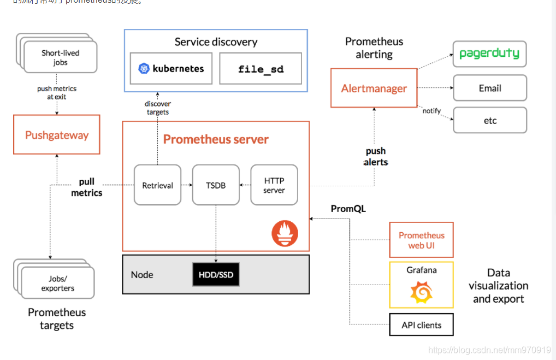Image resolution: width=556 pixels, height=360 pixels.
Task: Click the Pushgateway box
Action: pyautogui.click(x=57, y=134)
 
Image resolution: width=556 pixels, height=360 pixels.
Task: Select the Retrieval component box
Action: pyautogui.click(x=157, y=185)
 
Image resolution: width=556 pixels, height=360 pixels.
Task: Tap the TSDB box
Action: pyautogui.click(x=216, y=185)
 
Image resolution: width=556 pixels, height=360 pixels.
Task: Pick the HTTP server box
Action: pyautogui.click(x=274, y=185)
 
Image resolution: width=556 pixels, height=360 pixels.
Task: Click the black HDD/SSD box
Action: pyautogui.click(x=216, y=274)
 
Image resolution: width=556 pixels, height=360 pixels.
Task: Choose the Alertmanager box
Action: pyautogui.click(x=374, y=88)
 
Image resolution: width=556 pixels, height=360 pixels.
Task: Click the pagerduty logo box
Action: pyautogui.click(x=489, y=54)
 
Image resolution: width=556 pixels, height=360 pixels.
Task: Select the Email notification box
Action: pyautogui.click(x=490, y=88)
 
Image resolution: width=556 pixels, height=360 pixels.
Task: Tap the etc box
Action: pyautogui.click(x=490, y=120)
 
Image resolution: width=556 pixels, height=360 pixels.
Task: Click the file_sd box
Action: pyautogui.click(x=261, y=69)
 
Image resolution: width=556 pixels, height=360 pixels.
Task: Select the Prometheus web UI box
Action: pyautogui.click(x=421, y=240)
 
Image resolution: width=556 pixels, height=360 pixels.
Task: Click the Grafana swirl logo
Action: pyautogui.click(x=421, y=292)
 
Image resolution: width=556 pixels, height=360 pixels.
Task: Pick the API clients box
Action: pyautogui.click(x=421, y=324)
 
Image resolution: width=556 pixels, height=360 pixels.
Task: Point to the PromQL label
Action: pyautogui.click(x=348, y=209)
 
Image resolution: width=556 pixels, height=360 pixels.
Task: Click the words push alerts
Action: pyautogui.click(x=376, y=156)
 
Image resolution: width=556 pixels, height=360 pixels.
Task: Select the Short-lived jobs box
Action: pyautogui.click(x=60, y=57)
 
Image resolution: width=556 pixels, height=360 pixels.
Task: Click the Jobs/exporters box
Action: pyautogui.click(x=58, y=283)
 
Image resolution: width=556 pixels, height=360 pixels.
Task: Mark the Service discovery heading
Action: pyautogui.click(x=216, y=42)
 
